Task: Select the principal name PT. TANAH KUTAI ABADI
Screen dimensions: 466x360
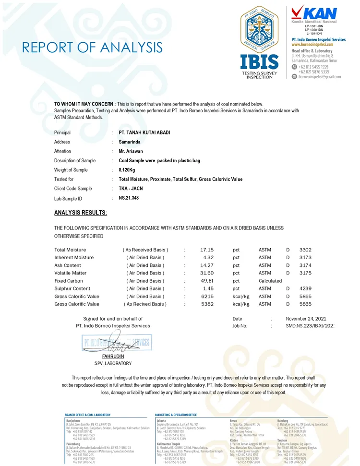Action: [x=144, y=132]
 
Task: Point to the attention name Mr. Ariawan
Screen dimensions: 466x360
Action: [x=131, y=151]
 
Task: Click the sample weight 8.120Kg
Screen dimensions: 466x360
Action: [x=128, y=170]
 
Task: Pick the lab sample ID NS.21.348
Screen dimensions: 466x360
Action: [x=129, y=198]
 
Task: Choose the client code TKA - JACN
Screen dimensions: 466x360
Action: [x=131, y=189]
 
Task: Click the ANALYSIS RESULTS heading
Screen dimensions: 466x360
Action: [x=81, y=213]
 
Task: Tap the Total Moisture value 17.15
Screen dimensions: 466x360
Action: [x=207, y=250]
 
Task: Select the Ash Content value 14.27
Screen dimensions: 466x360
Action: [x=207, y=265]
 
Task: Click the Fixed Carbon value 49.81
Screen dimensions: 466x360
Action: [x=207, y=281]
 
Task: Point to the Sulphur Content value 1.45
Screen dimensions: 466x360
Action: [x=208, y=288]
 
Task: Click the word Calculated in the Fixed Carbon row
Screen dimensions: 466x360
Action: [x=270, y=281]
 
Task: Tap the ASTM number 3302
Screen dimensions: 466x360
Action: [x=305, y=250]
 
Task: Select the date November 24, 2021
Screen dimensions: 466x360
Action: [x=306, y=319]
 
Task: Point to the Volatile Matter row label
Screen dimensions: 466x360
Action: [x=71, y=273]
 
